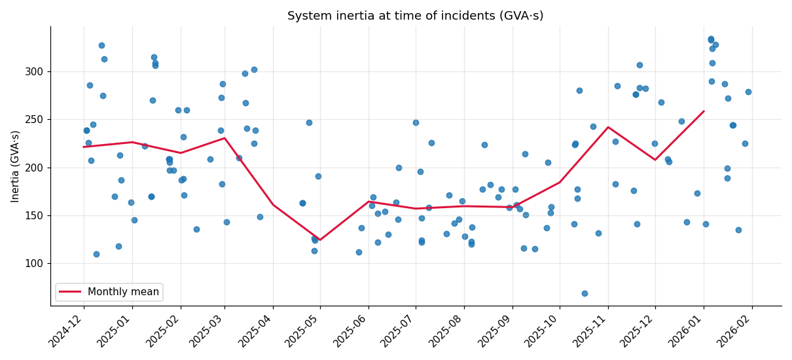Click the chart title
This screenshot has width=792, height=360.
415,16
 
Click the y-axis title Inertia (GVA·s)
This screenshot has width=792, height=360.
15,166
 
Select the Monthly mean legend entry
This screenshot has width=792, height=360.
123,292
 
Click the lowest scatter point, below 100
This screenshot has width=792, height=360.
585,293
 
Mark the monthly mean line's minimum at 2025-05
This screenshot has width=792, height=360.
319,240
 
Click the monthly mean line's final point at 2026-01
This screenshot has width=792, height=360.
704,111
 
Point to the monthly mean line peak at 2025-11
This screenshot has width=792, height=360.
608,127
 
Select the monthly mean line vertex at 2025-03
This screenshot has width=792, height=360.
225,137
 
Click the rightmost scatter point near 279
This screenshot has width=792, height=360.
748,92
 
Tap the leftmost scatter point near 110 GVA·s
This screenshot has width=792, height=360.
96,254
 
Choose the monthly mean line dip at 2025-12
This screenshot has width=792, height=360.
655,160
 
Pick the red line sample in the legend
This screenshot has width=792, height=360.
71,292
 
